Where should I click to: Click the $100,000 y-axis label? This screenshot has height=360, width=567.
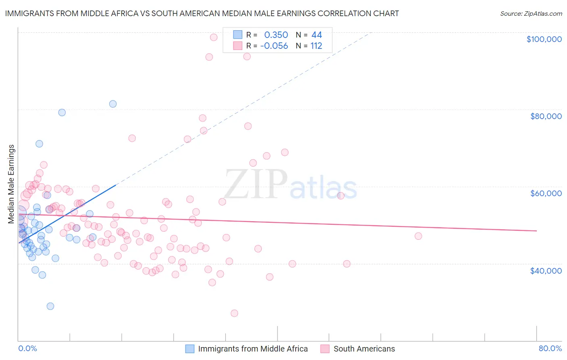pos(544,39)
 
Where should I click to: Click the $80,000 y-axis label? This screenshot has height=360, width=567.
pos(546,116)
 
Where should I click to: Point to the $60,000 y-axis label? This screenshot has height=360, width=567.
pos(546,193)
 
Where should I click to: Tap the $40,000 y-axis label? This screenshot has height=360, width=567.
pos(546,270)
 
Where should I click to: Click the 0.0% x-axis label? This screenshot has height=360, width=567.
pos(27,348)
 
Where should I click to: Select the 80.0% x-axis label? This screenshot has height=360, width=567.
pos(550,348)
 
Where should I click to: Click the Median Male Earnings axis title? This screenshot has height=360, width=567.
pos(11,184)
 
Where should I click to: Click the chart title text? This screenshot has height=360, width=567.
pos(202,13)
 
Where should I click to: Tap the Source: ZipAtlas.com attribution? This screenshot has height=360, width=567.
pos(531,13)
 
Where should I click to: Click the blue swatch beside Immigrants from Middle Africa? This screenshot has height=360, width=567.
pos(190,349)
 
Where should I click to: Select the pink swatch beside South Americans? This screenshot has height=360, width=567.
pos(325,349)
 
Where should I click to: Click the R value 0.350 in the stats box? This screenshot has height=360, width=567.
pos(276,35)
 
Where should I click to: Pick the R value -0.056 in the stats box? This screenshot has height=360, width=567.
pos(274,46)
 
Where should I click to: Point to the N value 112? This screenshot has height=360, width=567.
pos(316,46)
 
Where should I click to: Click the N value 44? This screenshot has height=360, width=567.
pos(317,35)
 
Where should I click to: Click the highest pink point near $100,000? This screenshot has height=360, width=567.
pos(214,37)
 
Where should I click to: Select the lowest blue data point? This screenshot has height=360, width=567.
pos(50,306)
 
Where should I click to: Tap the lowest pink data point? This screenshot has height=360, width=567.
pos(234,313)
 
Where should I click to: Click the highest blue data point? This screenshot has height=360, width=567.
pos(113,104)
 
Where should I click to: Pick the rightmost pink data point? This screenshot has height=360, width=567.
pos(418,236)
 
